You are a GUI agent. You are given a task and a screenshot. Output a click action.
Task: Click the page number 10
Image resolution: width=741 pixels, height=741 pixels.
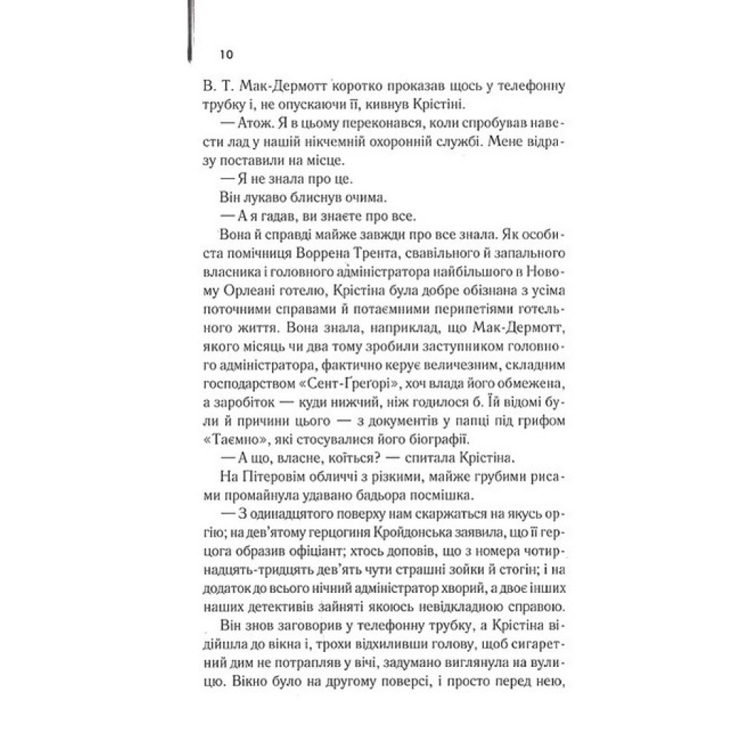click(x=227, y=54)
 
